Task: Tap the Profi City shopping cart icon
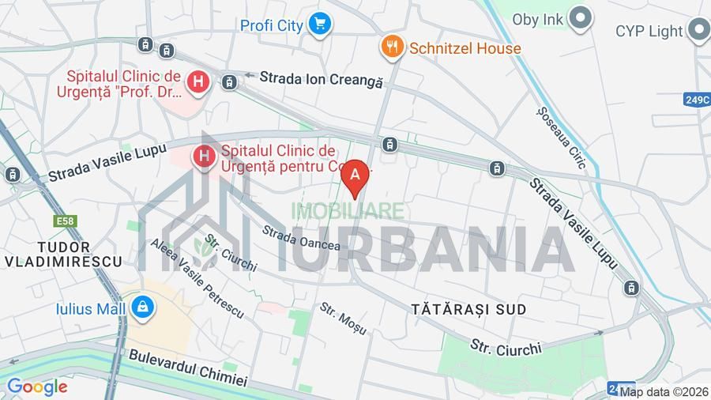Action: click(319, 25)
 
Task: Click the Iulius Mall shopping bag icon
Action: click(143, 307)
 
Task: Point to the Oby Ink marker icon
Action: click(581, 17)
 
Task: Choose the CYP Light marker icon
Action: click(698, 31)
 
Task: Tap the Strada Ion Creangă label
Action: click(321, 80)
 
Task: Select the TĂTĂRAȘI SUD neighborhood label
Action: click(468, 309)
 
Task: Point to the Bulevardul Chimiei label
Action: click(188, 369)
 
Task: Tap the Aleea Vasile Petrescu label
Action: click(197, 278)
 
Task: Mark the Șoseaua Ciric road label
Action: click(560, 138)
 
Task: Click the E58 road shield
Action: click(66, 221)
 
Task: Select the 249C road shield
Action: click(697, 100)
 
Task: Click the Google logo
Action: click(36, 387)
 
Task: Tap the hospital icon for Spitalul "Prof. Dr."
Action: click(197, 81)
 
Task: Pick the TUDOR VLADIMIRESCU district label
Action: click(63, 254)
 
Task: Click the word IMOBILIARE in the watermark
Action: click(348, 211)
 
